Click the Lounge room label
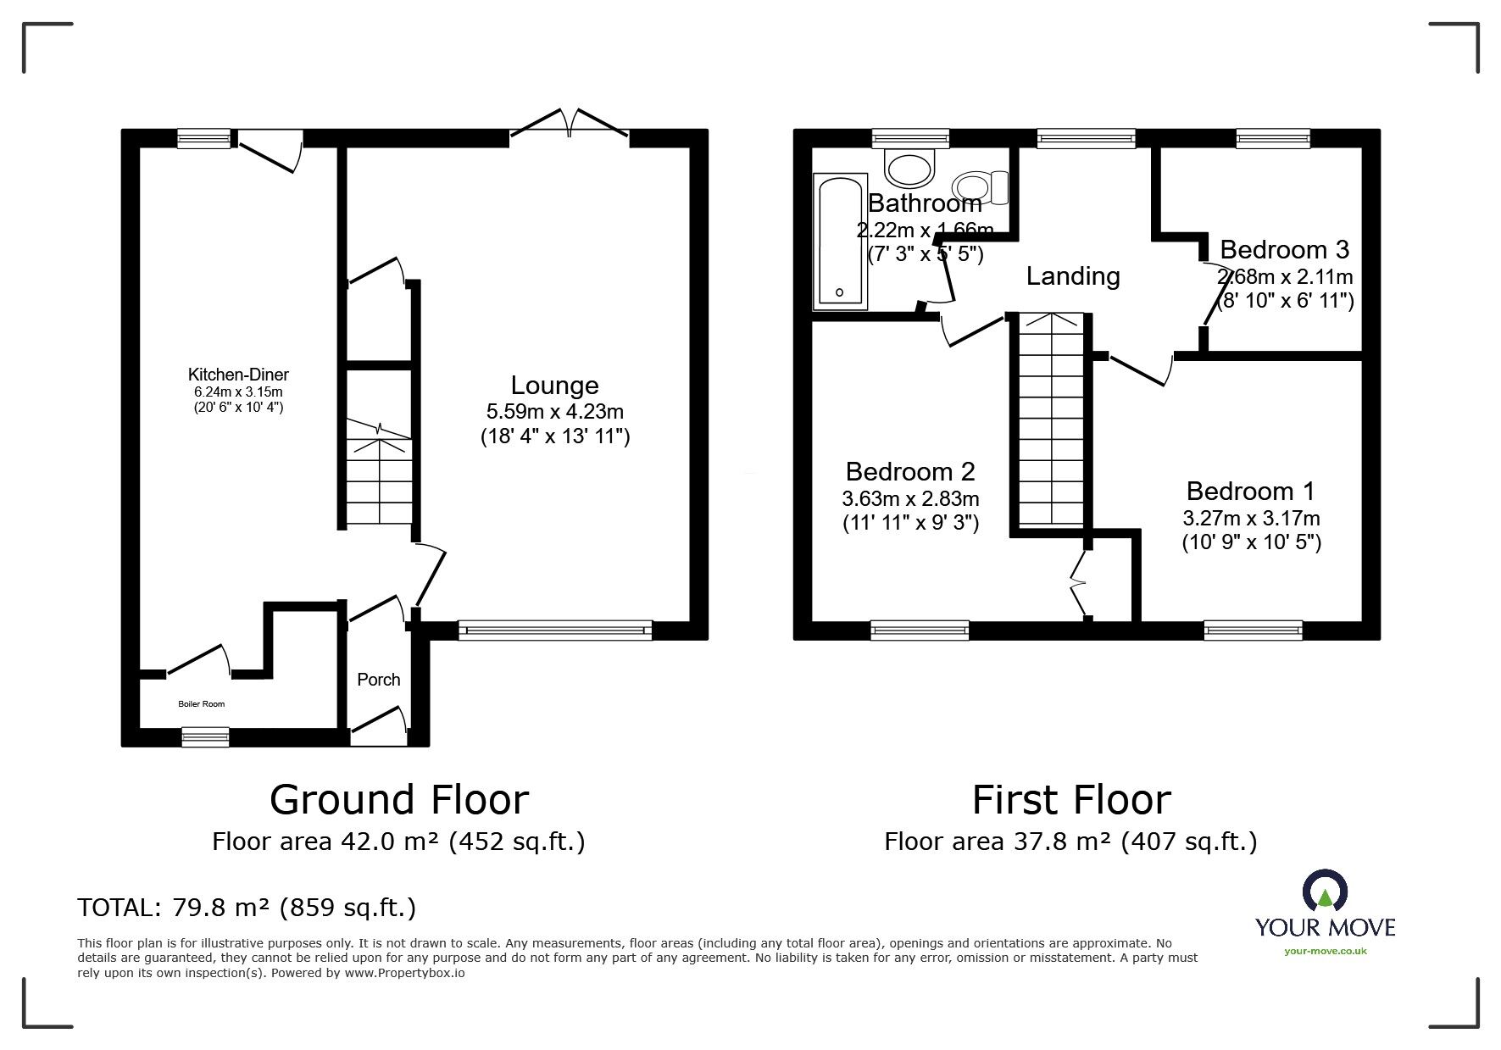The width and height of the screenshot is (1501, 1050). click(555, 386)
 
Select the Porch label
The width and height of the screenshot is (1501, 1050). click(379, 680)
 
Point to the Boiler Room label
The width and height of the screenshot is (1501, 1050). click(202, 704)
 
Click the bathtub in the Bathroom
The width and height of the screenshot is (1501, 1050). click(839, 241)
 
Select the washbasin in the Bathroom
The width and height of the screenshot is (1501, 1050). click(909, 166)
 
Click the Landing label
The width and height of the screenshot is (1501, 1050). click(1073, 276)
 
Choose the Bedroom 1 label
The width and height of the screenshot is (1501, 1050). click(1250, 492)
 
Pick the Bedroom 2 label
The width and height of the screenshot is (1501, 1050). click(910, 471)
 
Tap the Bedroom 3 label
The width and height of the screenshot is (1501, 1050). click(1284, 250)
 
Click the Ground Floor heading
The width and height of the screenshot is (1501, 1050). click(399, 799)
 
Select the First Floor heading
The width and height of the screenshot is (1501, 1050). click(1071, 799)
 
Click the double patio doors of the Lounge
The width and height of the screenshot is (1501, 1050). click(570, 124)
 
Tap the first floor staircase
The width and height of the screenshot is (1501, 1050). click(1051, 421)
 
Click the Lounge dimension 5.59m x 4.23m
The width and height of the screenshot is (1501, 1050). click(555, 413)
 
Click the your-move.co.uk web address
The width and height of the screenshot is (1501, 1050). click(1326, 951)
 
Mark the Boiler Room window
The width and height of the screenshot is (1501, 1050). click(206, 737)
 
